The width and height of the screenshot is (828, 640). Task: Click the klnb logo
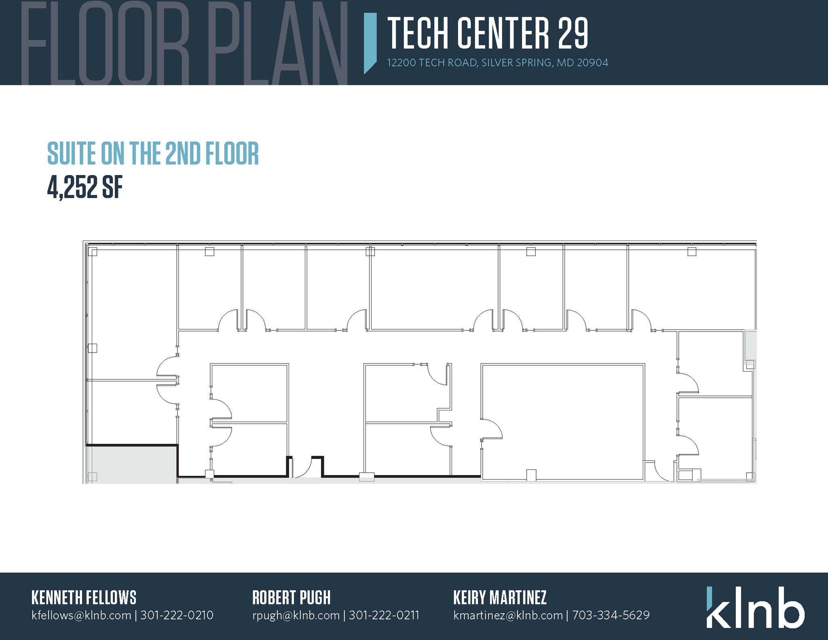pyautogui.click(x=755, y=607)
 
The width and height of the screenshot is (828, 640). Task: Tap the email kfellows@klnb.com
pyautogui.click(x=81, y=615)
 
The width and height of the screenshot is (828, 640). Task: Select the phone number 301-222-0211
pyautogui.click(x=384, y=615)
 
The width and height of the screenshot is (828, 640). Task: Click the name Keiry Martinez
pyautogui.click(x=500, y=598)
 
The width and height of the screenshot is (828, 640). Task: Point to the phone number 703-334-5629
pyautogui.click(x=610, y=615)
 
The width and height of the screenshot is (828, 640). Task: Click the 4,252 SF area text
pyautogui.click(x=85, y=188)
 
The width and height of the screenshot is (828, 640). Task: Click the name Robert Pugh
pyautogui.click(x=291, y=598)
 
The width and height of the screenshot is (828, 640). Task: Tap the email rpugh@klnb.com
pyautogui.click(x=296, y=615)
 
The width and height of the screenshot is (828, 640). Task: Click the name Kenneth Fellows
pyautogui.click(x=84, y=598)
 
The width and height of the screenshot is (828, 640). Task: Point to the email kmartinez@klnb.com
pyautogui.click(x=508, y=615)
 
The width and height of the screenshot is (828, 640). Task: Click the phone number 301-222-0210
pyautogui.click(x=177, y=615)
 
